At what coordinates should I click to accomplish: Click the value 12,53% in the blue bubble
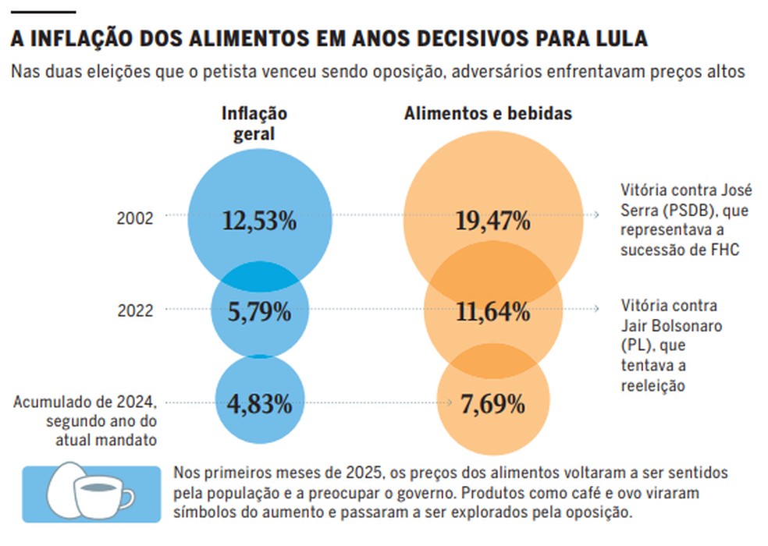(259, 222)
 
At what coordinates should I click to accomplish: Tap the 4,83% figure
(259, 404)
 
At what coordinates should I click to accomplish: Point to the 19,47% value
(492, 222)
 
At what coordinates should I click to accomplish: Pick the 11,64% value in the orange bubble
(492, 314)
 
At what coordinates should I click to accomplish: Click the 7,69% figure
(492, 404)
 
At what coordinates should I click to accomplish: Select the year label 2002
(135, 218)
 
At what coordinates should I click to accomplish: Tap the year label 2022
(135, 310)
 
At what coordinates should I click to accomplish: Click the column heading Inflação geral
(255, 123)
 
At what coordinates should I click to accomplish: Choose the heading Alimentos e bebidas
(488, 114)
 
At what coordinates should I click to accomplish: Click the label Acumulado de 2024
(86, 402)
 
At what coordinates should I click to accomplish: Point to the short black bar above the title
(44, 12)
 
